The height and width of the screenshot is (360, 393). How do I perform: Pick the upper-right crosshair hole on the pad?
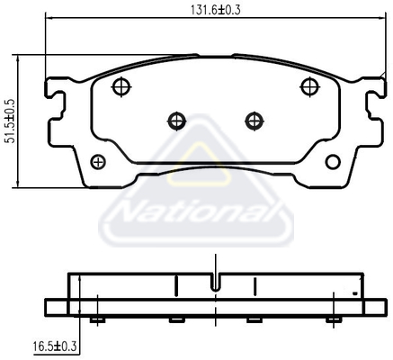[310, 86]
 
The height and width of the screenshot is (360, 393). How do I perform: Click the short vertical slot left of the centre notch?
[177, 286]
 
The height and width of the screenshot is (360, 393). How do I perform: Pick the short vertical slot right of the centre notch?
[255, 286]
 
